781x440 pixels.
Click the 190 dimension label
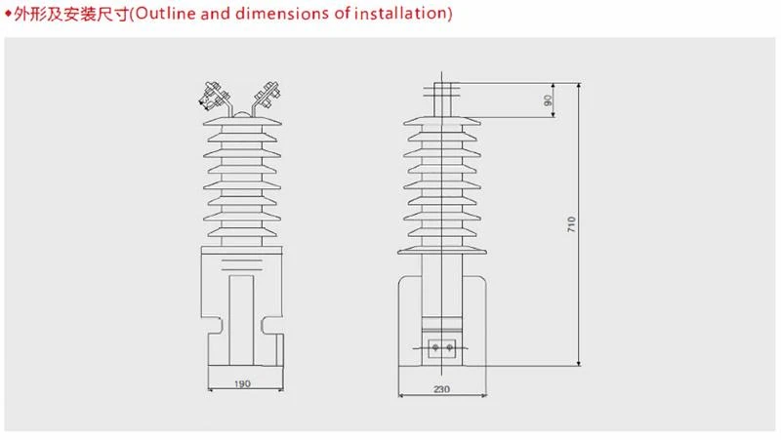click(x=242, y=383)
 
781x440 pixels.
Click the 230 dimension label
click(x=442, y=389)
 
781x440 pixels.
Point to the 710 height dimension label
click(x=571, y=224)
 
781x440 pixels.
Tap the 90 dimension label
click(x=549, y=100)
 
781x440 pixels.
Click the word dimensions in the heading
click(x=282, y=14)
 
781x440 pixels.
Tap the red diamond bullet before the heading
click(x=8, y=14)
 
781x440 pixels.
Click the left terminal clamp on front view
click(x=214, y=96)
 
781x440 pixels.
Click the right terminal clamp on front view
click(x=267, y=94)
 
